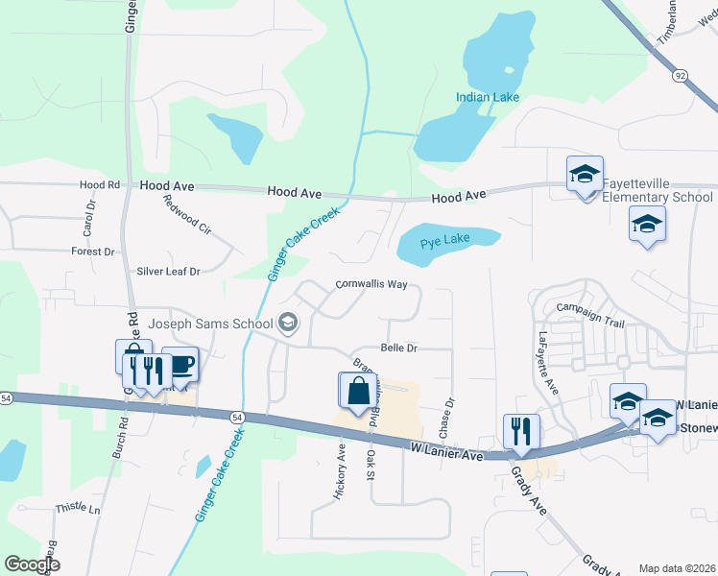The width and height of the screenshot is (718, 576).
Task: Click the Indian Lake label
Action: pyautogui.click(x=487, y=97)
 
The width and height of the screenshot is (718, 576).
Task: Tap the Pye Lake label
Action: pyautogui.click(x=443, y=239)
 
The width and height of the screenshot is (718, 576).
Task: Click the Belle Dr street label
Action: pyautogui.click(x=399, y=348)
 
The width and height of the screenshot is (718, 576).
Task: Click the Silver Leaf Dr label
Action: pyautogui.click(x=168, y=272)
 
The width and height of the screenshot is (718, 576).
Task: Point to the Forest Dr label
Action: pyautogui.click(x=93, y=252)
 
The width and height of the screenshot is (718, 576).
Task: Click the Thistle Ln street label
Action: pyautogui.click(x=78, y=508)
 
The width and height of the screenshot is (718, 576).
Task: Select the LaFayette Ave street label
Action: pyautogui.click(x=547, y=363)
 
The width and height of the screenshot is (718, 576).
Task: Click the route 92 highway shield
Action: pyautogui.click(x=681, y=75)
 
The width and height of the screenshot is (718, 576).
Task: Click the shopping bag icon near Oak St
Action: pyautogui.click(x=358, y=391)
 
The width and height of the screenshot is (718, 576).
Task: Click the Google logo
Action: pyautogui.click(x=33, y=564)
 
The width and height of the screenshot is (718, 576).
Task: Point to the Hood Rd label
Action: pyautogui.click(x=100, y=184)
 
